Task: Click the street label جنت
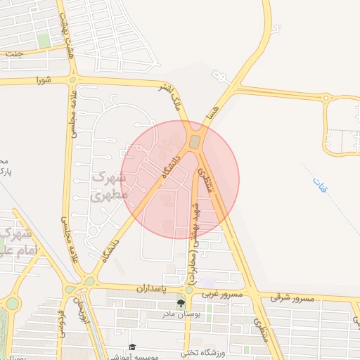pyautogui.click(x=14, y=53)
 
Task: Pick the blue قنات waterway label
pyautogui.click(x=321, y=186)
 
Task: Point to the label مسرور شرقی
pyautogui.click(x=295, y=299)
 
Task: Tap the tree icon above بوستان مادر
pyautogui.click(x=181, y=304)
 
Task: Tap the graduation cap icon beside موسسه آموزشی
pyautogui.click(x=131, y=347)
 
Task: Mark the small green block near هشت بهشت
pyautogui.click(x=44, y=41)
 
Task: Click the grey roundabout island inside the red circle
pyautogui.click(x=195, y=142)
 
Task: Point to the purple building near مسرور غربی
pyautogui.click(x=210, y=283)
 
